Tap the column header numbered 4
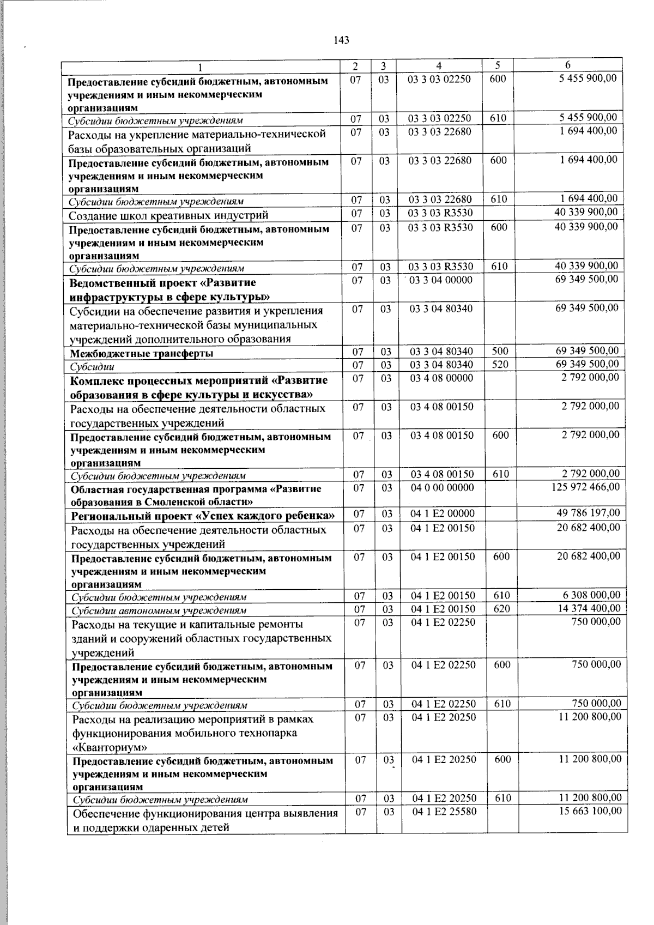click(x=439, y=66)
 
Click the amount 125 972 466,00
click(x=585, y=486)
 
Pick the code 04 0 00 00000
click(x=442, y=487)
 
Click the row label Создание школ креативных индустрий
click(x=168, y=215)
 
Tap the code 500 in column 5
click(x=500, y=352)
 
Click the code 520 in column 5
click(x=500, y=365)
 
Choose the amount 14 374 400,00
click(x=589, y=608)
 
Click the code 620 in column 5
click(x=501, y=609)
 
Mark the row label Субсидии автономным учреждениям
click(x=159, y=610)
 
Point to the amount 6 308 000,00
click(x=591, y=595)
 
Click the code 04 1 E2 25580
click(x=444, y=812)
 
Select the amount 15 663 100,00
click(x=590, y=811)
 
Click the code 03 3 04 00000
click(x=441, y=280)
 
